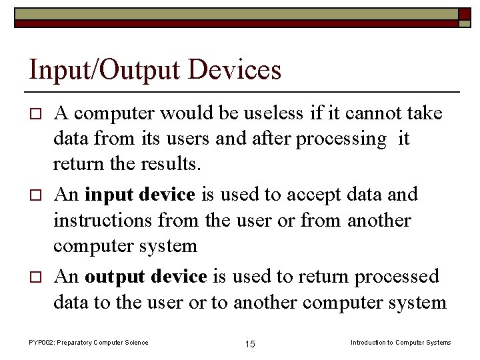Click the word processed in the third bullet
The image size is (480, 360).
tap(397, 276)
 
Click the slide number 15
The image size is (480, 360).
tap(250, 344)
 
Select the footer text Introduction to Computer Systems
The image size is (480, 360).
tap(401, 343)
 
